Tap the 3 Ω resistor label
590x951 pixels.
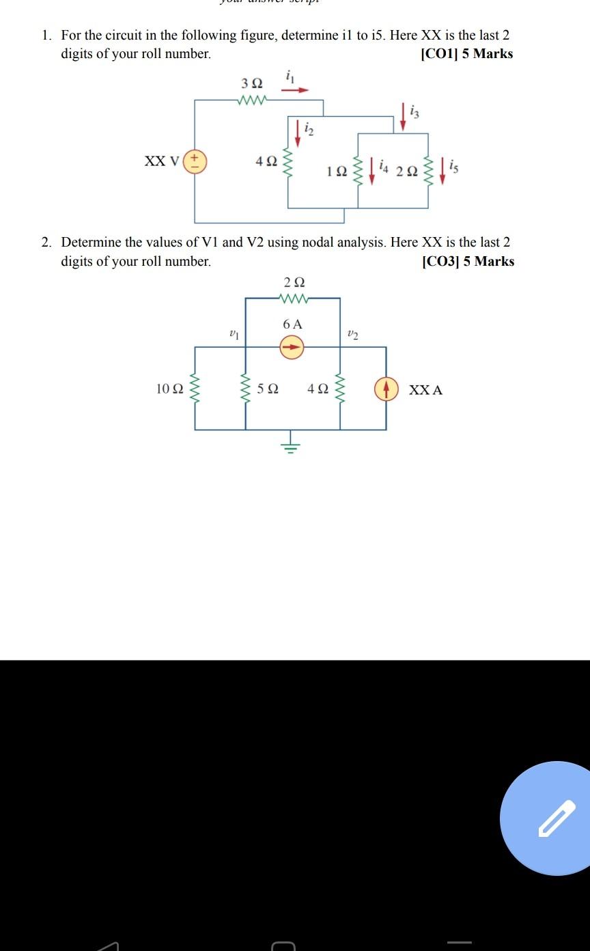click(x=251, y=83)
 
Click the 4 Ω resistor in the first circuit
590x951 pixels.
click(x=287, y=163)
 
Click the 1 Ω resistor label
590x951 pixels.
click(x=336, y=171)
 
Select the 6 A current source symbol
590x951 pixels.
click(x=292, y=347)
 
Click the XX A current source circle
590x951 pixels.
click(x=386, y=389)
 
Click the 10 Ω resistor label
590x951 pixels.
click(x=169, y=389)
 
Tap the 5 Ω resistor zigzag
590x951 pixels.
click(x=246, y=389)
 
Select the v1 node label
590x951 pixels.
click(x=234, y=334)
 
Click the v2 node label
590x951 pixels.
click(x=352, y=334)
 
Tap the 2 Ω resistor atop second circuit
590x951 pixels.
click(x=293, y=299)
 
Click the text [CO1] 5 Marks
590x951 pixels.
click(x=467, y=54)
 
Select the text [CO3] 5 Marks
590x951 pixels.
click(x=468, y=262)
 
